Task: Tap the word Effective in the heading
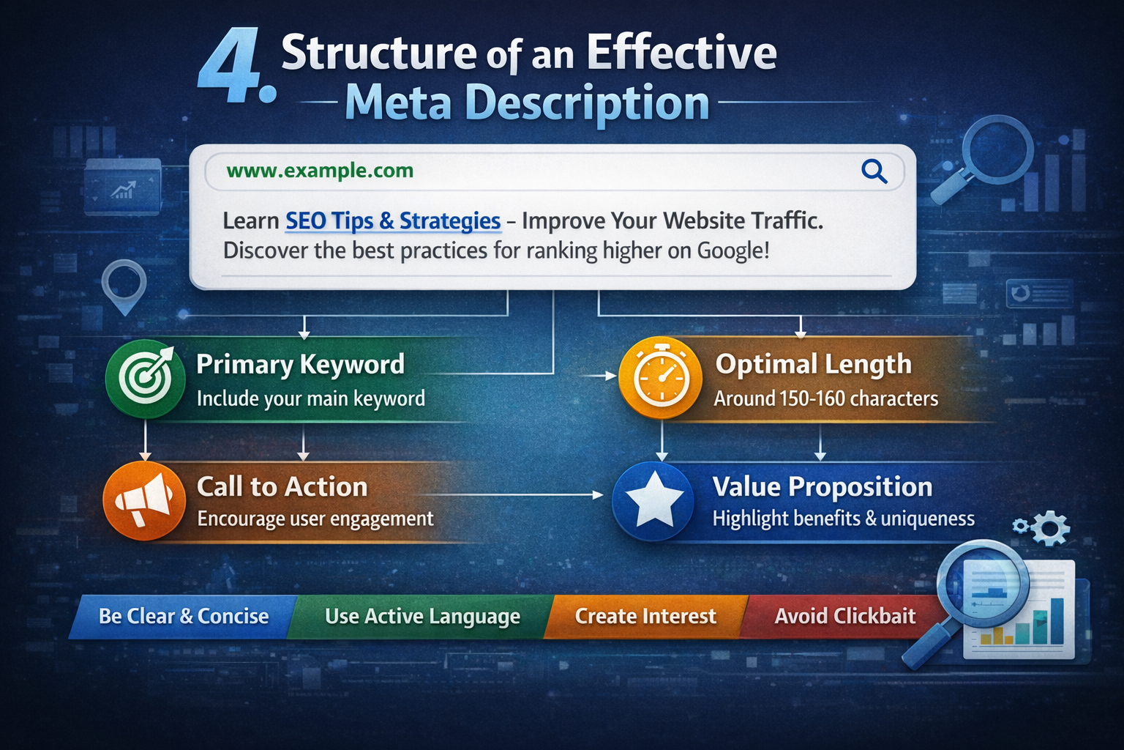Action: click(681, 53)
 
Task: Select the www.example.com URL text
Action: click(320, 171)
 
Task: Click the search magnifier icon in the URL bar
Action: click(874, 171)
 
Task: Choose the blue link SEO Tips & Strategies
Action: click(392, 220)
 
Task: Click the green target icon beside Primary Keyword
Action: click(146, 379)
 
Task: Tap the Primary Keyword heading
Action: click(300, 364)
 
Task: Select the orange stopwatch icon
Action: click(660, 379)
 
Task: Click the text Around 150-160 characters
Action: click(825, 398)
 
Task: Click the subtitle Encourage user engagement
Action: click(315, 519)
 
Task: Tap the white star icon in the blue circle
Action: click(653, 500)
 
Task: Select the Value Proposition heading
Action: click(822, 486)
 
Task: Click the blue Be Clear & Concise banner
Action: click(184, 616)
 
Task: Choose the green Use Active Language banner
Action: click(422, 616)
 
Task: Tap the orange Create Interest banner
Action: click(645, 616)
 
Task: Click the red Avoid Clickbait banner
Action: click(844, 616)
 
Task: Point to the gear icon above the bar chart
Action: click(1051, 527)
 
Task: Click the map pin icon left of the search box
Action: click(124, 284)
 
